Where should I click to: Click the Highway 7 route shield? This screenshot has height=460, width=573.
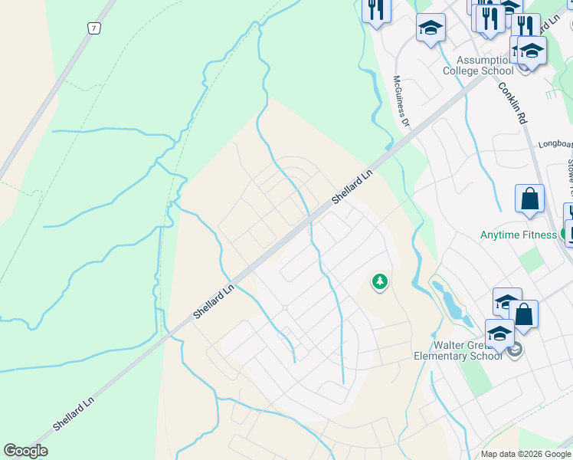pos(93,28)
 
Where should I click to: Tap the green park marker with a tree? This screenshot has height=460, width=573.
pos(379,282)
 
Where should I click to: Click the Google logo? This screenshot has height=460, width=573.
pos(25,451)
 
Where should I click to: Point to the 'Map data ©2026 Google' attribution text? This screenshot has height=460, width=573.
pos(526,454)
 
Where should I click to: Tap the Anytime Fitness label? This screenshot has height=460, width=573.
pos(518,235)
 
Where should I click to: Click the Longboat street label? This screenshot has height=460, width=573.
pos(555,143)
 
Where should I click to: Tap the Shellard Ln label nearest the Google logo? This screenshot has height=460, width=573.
pos(74,412)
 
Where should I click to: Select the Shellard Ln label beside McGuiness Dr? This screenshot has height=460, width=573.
pos(352,186)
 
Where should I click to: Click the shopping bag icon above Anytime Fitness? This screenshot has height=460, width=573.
pos(529,199)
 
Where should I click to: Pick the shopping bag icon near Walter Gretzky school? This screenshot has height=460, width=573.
pos(524,314)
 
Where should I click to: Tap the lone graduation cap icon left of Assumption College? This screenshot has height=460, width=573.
pos(431,28)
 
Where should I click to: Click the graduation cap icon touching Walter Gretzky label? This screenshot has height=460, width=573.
pos(499,333)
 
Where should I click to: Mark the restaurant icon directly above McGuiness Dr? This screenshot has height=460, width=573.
pos(376,9)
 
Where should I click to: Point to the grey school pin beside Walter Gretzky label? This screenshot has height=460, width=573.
pos(516,350)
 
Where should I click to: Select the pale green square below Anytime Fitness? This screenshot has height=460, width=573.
pos(530,260)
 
